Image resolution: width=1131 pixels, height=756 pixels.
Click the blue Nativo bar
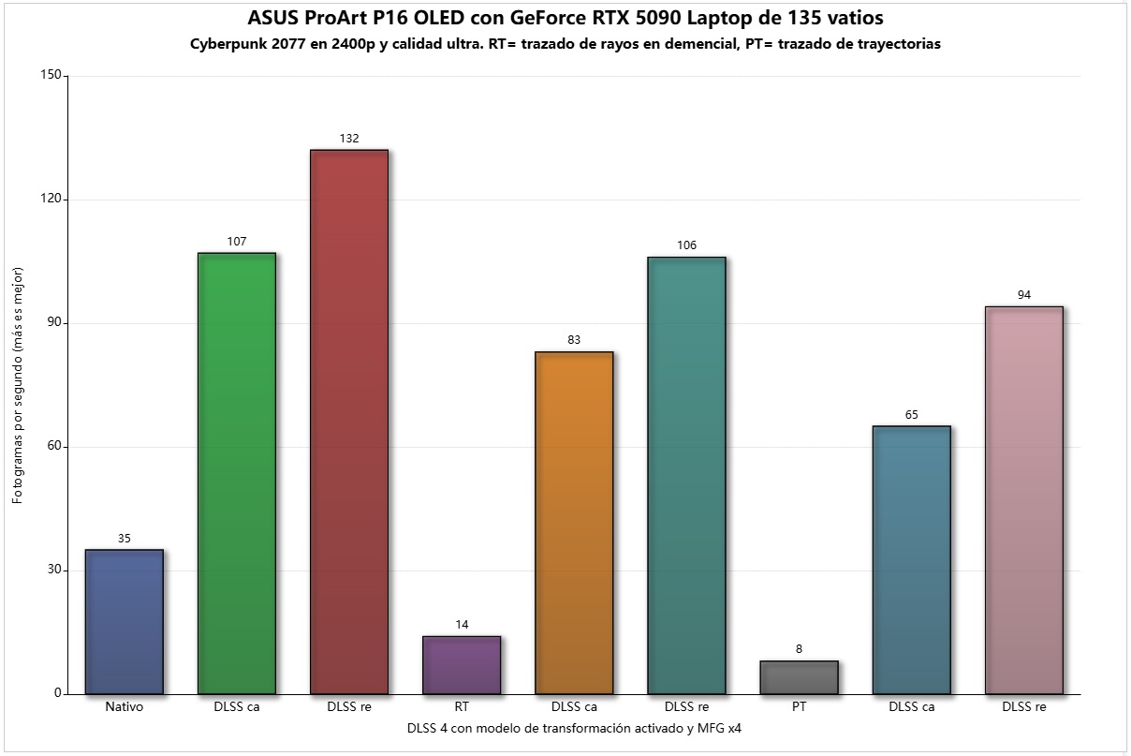point(124,622)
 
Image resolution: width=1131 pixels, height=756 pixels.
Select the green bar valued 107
point(236,473)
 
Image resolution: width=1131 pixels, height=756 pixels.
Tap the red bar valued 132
point(348,422)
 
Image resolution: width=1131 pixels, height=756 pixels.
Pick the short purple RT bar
point(462,665)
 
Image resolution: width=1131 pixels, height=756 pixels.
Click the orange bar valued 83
point(574,523)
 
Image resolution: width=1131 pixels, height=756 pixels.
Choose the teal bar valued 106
point(686,475)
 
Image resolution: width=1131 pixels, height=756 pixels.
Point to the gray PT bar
point(799,677)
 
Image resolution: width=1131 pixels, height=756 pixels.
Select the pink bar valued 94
point(1024,500)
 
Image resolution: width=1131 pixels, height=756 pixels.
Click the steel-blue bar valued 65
point(911,560)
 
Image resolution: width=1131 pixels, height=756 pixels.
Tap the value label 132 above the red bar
point(349,139)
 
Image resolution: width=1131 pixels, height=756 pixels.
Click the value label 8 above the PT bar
point(799,649)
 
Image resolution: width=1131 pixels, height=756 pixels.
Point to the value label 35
point(125,539)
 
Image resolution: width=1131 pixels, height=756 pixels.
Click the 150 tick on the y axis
point(51,76)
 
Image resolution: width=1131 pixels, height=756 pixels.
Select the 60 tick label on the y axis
point(54,447)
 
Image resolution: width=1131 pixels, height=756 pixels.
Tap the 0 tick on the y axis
point(58,694)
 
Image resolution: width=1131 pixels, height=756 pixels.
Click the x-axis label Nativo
point(125,707)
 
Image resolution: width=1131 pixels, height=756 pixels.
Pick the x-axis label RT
point(462,707)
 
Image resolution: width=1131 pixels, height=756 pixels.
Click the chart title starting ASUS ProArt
point(565,18)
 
